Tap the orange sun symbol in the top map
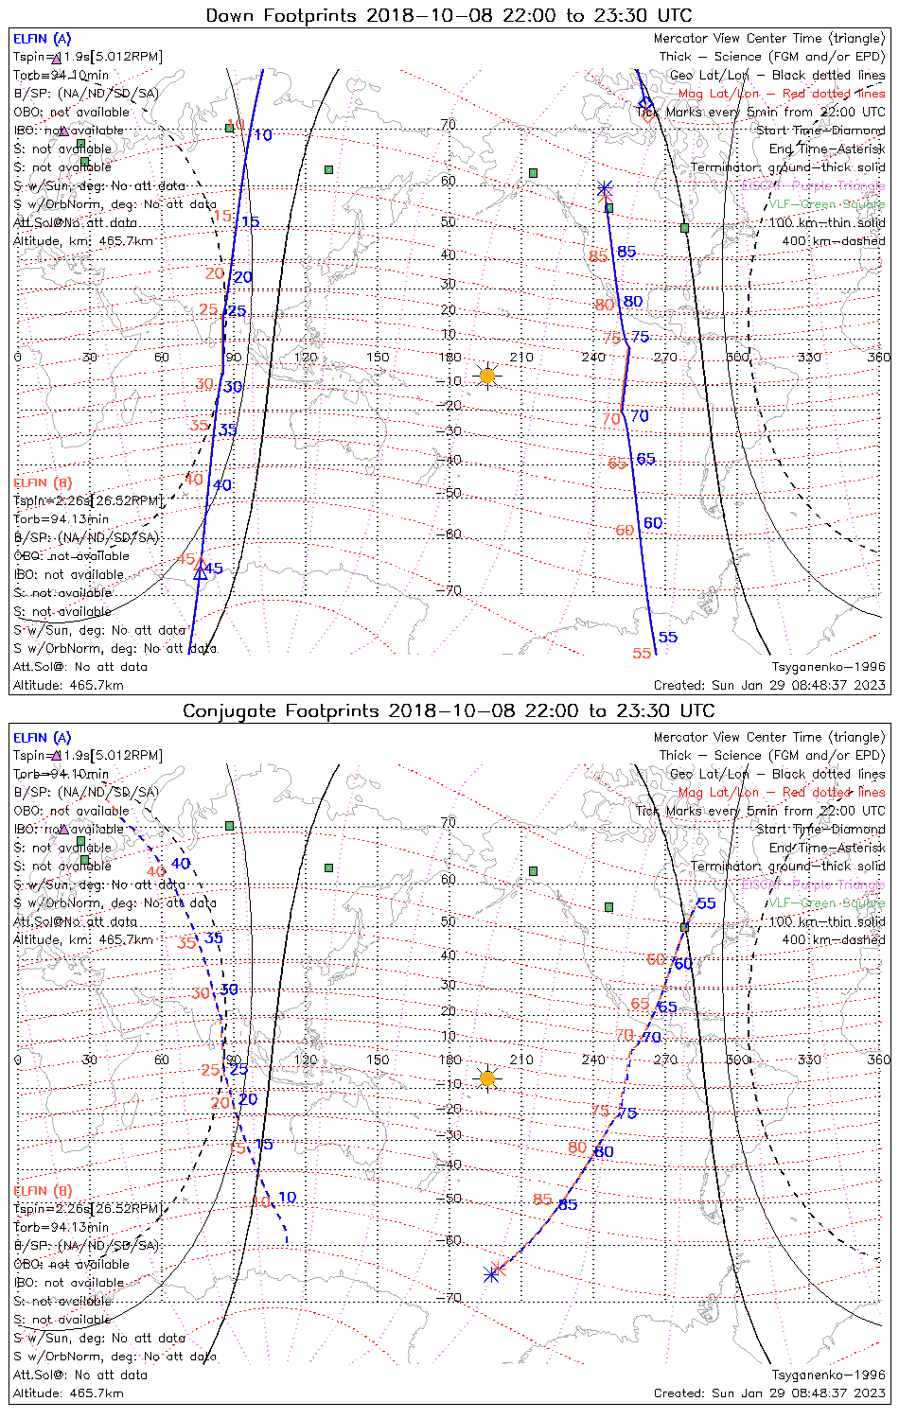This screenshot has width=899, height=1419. (487, 376)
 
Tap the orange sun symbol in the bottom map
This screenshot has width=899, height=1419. (487, 1078)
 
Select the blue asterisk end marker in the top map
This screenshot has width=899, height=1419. (605, 189)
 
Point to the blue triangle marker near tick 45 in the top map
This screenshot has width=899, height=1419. (200, 573)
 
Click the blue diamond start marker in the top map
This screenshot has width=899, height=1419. (645, 104)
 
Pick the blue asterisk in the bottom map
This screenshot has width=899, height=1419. (491, 1274)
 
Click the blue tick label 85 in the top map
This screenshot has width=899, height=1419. (626, 252)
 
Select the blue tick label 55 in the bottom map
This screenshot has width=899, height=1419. (706, 903)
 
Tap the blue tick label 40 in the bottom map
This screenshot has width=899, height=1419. (180, 864)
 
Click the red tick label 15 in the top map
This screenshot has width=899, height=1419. (222, 217)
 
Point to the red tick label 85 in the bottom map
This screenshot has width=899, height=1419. (542, 1200)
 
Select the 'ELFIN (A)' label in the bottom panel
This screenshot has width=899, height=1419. (43, 738)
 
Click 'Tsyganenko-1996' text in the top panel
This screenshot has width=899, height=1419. (828, 667)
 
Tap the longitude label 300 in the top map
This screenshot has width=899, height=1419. (737, 357)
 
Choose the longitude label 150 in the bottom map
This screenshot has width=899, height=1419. (378, 1060)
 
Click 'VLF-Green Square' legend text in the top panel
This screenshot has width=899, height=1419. (826, 204)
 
